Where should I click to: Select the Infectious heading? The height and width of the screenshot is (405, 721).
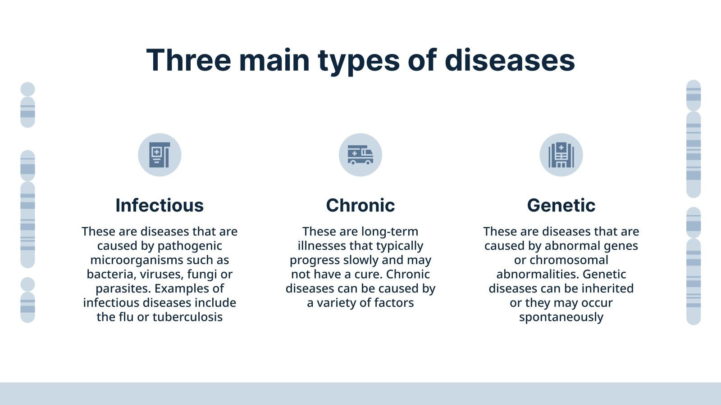pyautogui.click(x=160, y=205)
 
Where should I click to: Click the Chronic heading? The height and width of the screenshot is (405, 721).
pyautogui.click(x=360, y=205)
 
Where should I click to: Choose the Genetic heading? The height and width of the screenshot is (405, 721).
pyautogui.click(x=561, y=205)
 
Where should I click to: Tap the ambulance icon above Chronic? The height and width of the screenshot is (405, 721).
pyautogui.click(x=360, y=155)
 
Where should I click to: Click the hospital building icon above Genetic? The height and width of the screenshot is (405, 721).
pyautogui.click(x=561, y=155)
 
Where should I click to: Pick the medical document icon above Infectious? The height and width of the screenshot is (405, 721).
pyautogui.click(x=160, y=155)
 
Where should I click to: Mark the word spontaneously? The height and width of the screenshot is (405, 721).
pyautogui.click(x=561, y=317)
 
